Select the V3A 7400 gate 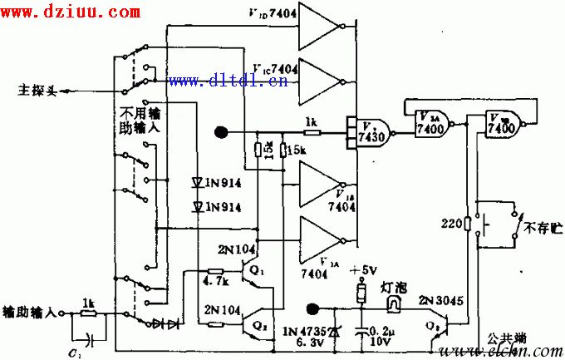(431, 125)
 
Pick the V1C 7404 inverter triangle (319, 80)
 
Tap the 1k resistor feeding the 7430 (311, 131)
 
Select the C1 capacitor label (74, 352)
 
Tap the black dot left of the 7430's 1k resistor (221, 131)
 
